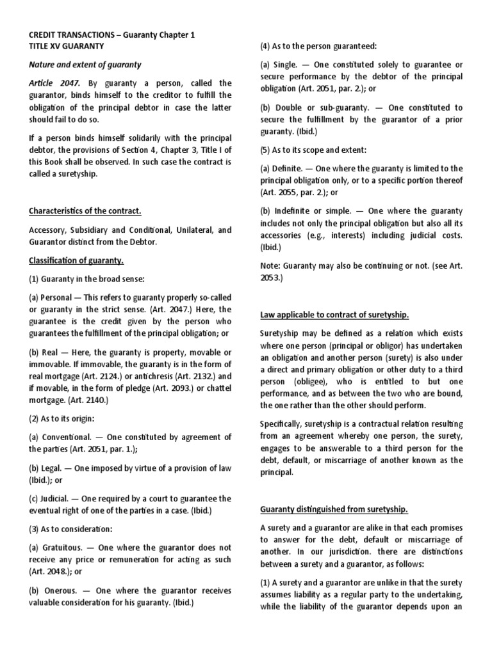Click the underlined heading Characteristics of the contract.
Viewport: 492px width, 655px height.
click(85, 211)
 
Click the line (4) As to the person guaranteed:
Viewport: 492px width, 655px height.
click(318, 46)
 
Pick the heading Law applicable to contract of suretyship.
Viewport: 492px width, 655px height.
click(334, 315)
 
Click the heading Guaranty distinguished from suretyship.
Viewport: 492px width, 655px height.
click(333, 509)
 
